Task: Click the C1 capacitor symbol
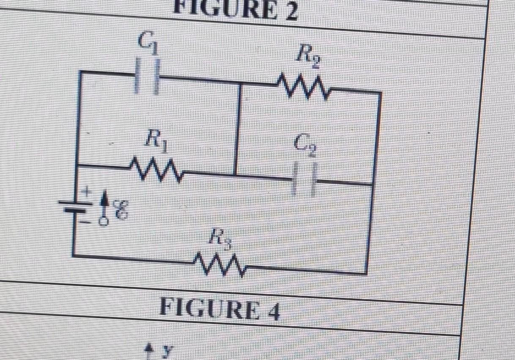tap(148, 77)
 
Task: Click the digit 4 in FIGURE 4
tap(273, 311)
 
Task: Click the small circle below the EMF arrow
tap(103, 221)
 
